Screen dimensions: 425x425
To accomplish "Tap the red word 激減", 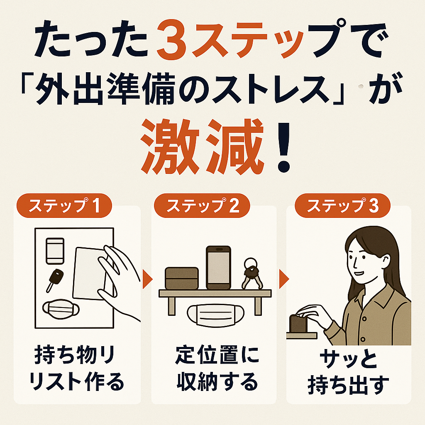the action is click(x=203, y=147).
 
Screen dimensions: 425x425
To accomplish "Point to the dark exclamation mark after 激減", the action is click(x=284, y=147).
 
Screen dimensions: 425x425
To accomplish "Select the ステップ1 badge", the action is click(x=64, y=205).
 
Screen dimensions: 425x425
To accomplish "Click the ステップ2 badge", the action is click(x=202, y=205).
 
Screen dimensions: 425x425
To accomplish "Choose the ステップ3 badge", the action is click(x=342, y=205).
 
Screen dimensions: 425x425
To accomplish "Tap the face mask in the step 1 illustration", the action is click(x=61, y=309).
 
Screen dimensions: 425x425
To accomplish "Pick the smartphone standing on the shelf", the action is click(x=218, y=268).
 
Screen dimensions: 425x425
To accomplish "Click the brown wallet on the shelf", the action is click(x=182, y=278).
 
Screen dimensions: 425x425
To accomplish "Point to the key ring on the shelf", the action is click(x=252, y=274).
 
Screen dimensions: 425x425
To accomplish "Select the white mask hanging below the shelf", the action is click(x=215, y=315).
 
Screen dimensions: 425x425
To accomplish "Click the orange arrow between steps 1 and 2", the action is click(x=147, y=279).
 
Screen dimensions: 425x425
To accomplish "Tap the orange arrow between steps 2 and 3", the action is click(x=284, y=279).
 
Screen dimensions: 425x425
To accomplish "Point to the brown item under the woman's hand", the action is click(x=298, y=324).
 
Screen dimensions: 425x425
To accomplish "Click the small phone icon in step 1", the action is click(x=55, y=251).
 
